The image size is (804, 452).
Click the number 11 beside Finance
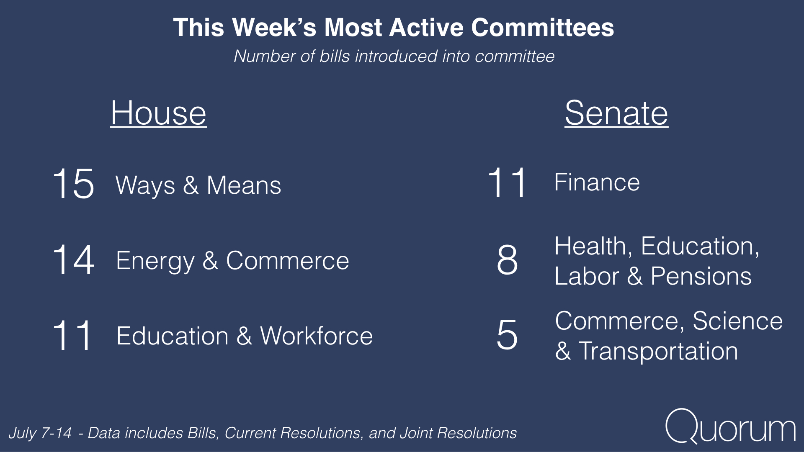point(507,182)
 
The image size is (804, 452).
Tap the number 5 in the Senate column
point(507,334)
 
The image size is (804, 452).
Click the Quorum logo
point(730,426)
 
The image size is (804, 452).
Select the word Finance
point(597,182)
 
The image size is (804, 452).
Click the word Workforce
point(317,336)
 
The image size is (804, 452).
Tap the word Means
point(244,185)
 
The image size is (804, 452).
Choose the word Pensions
point(701,276)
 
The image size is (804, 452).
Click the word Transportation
point(658,351)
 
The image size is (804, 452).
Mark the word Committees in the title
point(543,28)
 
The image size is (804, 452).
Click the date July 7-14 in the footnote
point(40,433)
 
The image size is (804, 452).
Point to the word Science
point(738,321)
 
